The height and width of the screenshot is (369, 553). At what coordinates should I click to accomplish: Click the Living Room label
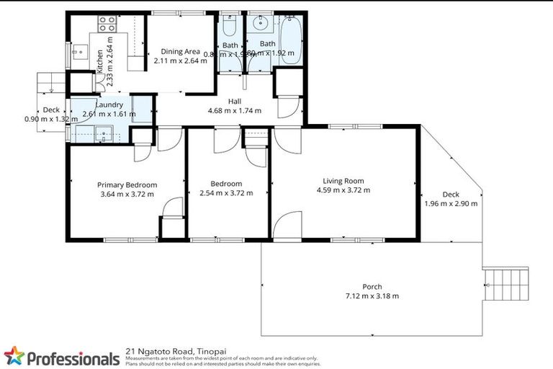343,181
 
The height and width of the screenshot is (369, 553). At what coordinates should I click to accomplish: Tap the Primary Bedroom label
127,184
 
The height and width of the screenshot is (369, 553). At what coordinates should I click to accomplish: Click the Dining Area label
180,51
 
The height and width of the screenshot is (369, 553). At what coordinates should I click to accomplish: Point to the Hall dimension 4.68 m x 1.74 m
234,111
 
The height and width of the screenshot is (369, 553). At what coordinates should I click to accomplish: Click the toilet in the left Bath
230,27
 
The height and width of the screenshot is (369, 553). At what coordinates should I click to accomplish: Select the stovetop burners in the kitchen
107,22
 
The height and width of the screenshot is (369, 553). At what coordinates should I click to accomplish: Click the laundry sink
101,133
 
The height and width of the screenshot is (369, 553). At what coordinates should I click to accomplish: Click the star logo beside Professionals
14,356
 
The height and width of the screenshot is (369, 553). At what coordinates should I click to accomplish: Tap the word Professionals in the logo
73,358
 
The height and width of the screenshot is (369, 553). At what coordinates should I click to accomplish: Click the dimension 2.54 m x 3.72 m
221,193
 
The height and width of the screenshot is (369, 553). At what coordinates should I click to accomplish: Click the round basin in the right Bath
260,22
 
